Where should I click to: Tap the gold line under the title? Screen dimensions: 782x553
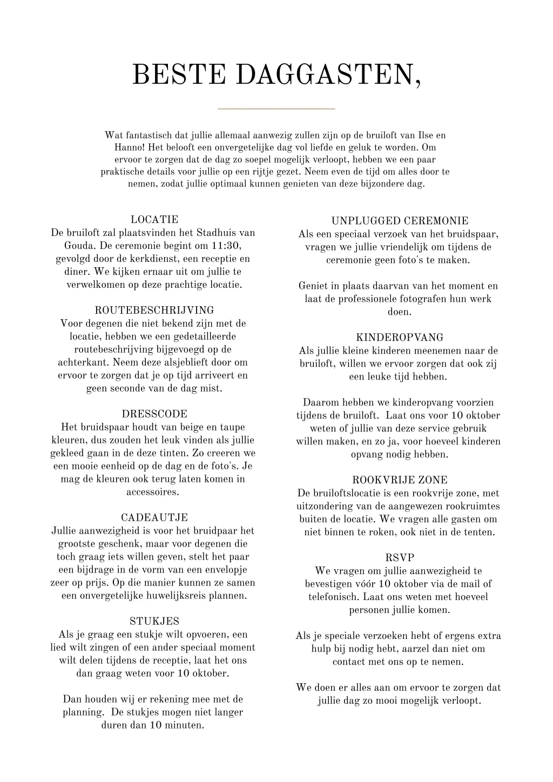point(276,109)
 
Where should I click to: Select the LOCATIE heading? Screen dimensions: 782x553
point(154,220)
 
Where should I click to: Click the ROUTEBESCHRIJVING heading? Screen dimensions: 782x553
point(154,311)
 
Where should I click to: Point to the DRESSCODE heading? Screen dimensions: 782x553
point(154,414)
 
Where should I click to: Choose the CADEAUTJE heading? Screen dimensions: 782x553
point(154,518)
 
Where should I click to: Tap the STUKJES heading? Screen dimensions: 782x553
point(154,622)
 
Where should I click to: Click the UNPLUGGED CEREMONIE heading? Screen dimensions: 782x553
point(400,221)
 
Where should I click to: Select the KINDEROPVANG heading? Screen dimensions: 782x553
point(400,338)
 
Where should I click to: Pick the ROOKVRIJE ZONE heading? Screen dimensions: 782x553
point(400,480)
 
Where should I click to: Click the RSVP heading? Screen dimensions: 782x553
point(400,558)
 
